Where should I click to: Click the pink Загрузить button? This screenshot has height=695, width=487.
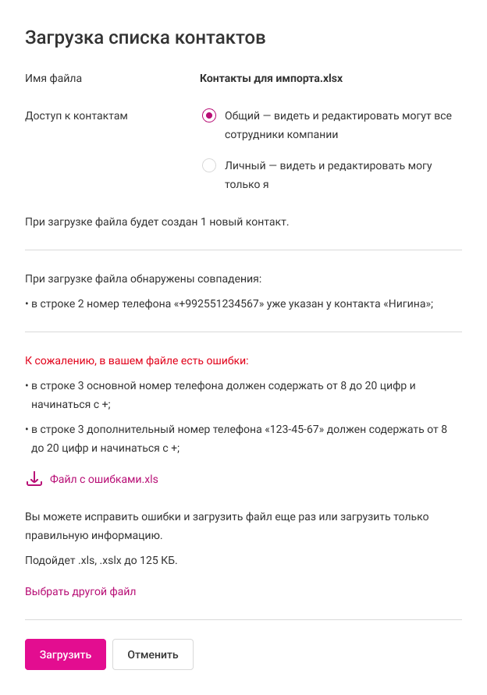pos(66,654)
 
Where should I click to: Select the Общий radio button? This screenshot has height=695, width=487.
pos(208,115)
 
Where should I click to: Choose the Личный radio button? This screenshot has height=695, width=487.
pos(208,165)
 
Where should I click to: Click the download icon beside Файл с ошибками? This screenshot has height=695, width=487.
pos(34,479)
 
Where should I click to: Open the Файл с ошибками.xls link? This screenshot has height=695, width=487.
pos(104,479)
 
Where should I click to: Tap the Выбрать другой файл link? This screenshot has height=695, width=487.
pos(80,591)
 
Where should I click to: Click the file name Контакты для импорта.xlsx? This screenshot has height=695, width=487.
pos(271,78)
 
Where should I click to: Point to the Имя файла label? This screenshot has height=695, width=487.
pos(53,78)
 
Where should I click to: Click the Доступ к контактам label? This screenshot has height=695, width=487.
pos(76,115)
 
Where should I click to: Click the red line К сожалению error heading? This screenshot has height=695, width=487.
pos(137,361)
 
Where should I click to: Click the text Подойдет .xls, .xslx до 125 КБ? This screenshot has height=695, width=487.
pos(101,560)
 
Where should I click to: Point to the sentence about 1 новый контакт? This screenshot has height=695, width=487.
pos(157,222)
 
